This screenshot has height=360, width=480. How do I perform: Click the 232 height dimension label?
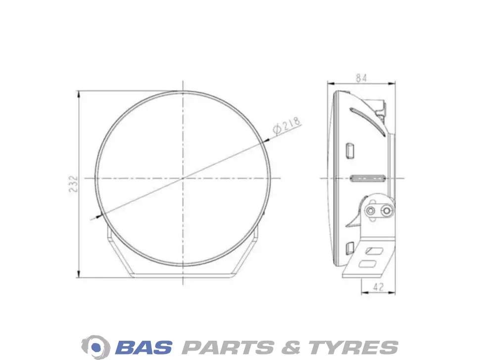(x=73, y=183)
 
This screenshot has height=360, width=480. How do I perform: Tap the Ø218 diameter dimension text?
(x=287, y=126)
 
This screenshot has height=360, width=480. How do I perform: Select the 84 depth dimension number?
(x=361, y=78)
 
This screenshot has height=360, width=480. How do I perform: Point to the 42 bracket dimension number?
(x=378, y=287)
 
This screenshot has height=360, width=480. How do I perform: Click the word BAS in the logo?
(x=144, y=348)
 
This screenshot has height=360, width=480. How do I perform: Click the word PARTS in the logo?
(x=228, y=348)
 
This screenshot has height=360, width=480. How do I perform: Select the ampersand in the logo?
(x=291, y=348)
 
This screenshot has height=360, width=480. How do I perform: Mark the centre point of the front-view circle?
(x=183, y=178)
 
